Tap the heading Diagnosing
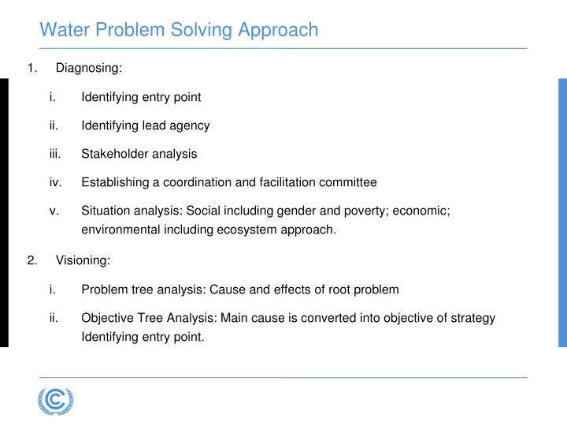tap(88, 69)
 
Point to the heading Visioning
tap(83, 261)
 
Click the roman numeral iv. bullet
tap(55, 182)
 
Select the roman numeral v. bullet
tap(54, 211)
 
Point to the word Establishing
tap(115, 182)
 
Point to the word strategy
tap(472, 318)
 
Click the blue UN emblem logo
tap(54, 402)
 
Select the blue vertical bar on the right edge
tap(562, 213)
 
